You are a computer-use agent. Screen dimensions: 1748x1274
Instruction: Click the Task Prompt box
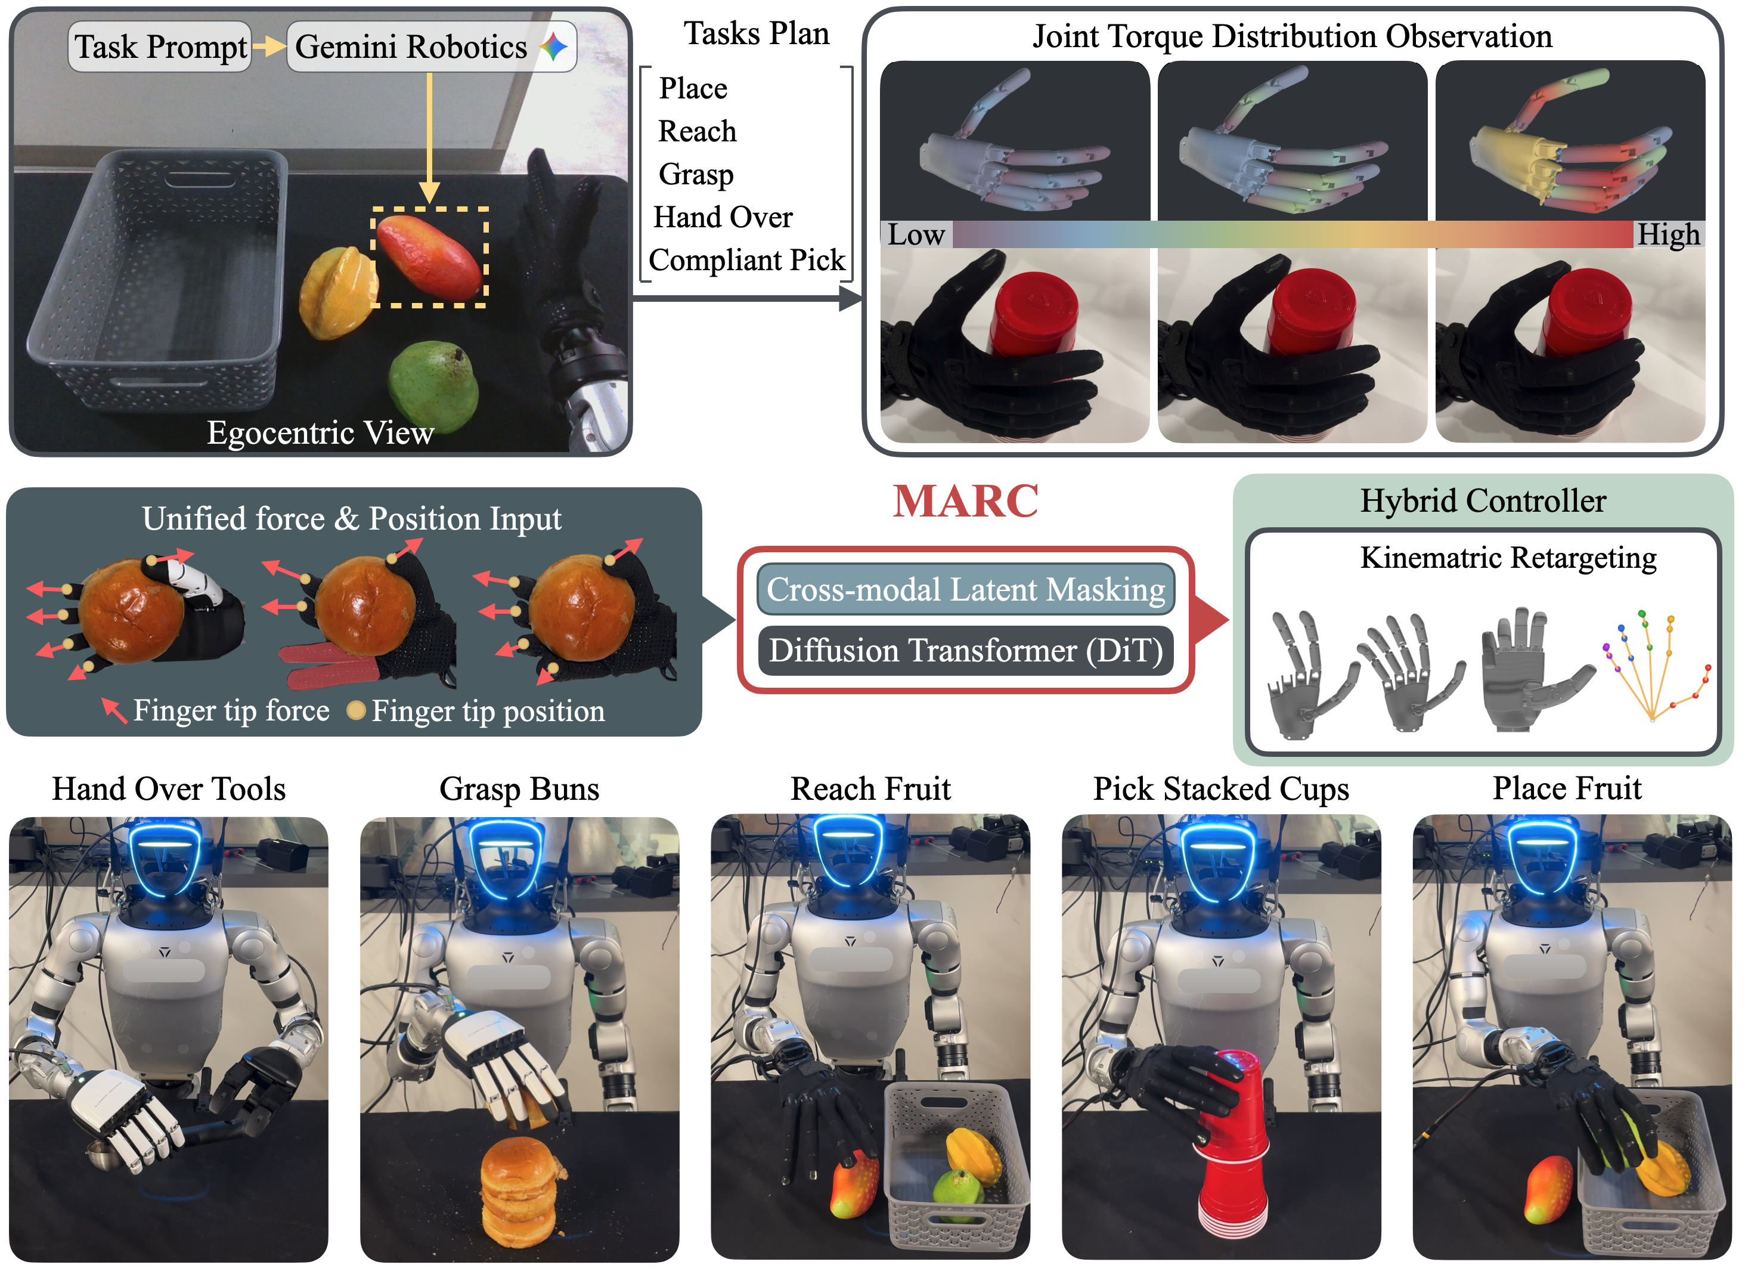click(160, 47)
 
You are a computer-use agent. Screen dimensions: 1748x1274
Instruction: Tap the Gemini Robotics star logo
click(554, 47)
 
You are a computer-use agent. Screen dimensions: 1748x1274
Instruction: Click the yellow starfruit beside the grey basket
click(337, 292)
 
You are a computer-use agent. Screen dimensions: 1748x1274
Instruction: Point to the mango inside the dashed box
click(429, 256)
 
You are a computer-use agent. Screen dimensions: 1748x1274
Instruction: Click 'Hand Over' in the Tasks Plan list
click(723, 218)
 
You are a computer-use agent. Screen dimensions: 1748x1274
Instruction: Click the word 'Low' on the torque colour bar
click(916, 234)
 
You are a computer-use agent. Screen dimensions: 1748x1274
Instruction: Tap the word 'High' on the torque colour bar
click(1668, 234)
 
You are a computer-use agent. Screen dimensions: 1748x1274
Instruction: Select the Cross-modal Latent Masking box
click(966, 590)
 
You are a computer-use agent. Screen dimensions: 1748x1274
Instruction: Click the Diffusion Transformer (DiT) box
click(966, 651)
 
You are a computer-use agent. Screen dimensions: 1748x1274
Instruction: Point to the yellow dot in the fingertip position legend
click(356, 711)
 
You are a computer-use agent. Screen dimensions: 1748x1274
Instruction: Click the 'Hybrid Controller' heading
click(1483, 501)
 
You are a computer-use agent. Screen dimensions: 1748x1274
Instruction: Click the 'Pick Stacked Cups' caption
click(1221, 789)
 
